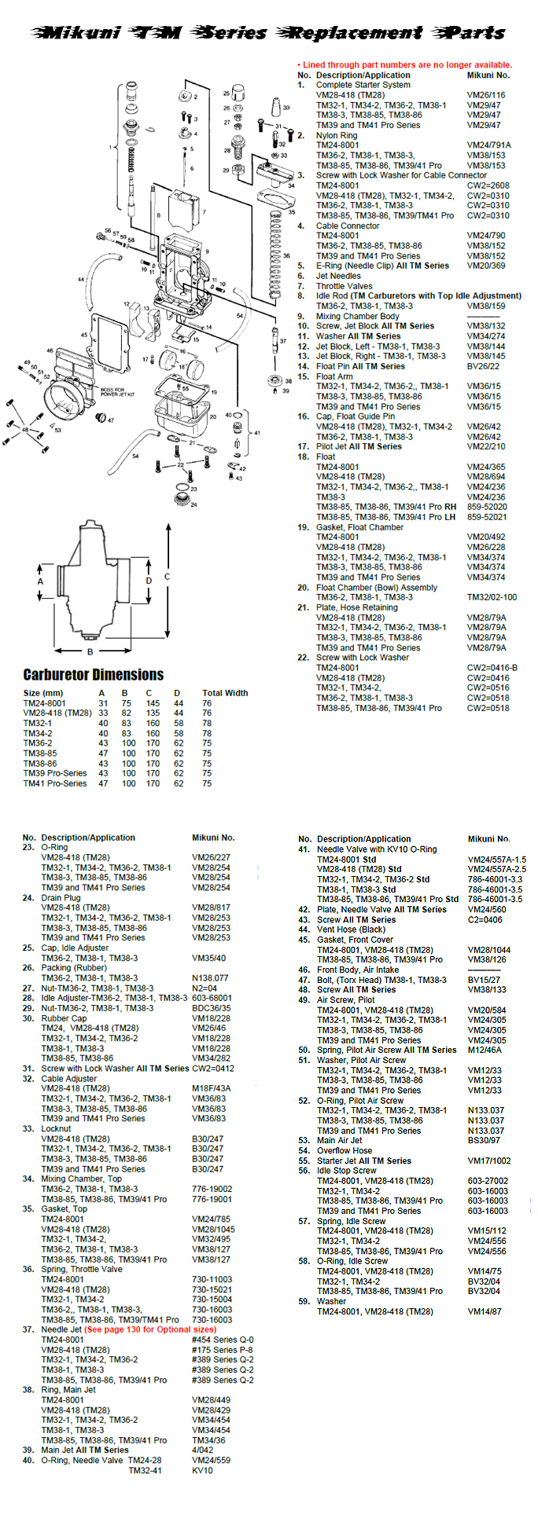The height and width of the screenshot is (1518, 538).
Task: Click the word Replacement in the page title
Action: [x=353, y=33]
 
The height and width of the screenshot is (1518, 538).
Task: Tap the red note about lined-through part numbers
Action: [x=404, y=65]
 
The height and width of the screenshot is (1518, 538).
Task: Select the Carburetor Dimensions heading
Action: [x=93, y=675]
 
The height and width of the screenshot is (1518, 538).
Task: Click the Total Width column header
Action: [x=224, y=693]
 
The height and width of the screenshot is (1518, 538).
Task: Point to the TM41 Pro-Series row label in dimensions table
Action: [x=55, y=783]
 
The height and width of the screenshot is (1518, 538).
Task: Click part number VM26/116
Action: [x=486, y=95]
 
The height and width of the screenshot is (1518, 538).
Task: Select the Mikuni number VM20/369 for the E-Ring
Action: [x=486, y=266]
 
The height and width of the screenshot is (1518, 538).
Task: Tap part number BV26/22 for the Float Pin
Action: [x=484, y=366]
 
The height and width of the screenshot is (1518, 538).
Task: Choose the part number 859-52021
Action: [x=487, y=517]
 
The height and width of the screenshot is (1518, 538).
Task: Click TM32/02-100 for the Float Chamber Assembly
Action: [x=492, y=597]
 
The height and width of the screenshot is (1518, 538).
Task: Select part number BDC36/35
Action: [x=211, y=1008]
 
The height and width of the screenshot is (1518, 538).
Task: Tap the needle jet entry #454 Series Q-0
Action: [x=222, y=1340]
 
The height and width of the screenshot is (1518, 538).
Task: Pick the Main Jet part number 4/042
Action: [x=203, y=1450]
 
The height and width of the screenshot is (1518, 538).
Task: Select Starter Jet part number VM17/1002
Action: [x=488, y=1160]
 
